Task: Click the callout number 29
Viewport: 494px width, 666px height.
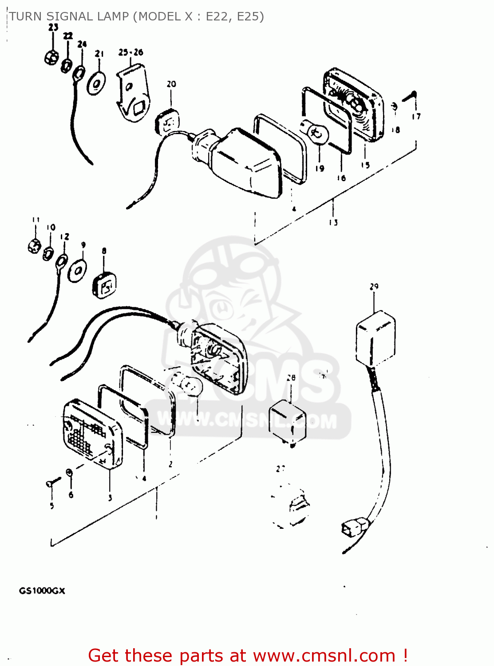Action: coord(374,286)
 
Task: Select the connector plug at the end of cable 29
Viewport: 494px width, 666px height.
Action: coord(350,529)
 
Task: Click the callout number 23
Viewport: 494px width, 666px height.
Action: coord(53,27)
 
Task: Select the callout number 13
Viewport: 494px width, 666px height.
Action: coord(333,222)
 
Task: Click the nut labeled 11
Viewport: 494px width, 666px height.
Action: coord(35,246)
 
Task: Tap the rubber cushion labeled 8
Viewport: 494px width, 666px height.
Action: coord(104,284)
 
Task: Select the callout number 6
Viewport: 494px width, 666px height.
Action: coord(71,495)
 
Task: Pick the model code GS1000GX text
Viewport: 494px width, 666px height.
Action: coord(42,591)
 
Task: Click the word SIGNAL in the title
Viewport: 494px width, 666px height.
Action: coord(69,16)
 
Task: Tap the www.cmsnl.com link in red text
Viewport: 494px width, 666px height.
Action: coord(324,655)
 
